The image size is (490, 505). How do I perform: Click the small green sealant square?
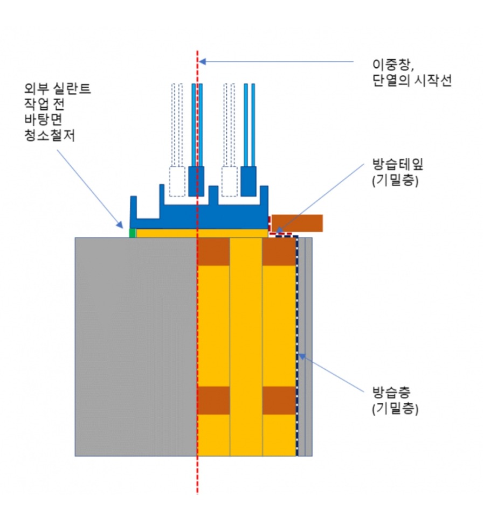(132, 233)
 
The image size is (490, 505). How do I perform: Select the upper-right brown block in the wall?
(279, 251)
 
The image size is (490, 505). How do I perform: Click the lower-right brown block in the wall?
(279, 401)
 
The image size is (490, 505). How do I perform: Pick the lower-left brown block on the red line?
(213, 401)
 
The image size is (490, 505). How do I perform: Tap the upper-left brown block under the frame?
(213, 251)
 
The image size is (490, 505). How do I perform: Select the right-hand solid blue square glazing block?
(248, 181)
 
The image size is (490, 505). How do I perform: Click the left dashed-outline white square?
(177, 181)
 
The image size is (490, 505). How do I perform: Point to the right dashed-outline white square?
(230, 181)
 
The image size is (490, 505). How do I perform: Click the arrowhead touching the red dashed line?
(202, 61)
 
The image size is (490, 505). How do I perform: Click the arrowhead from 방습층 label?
(301, 355)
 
